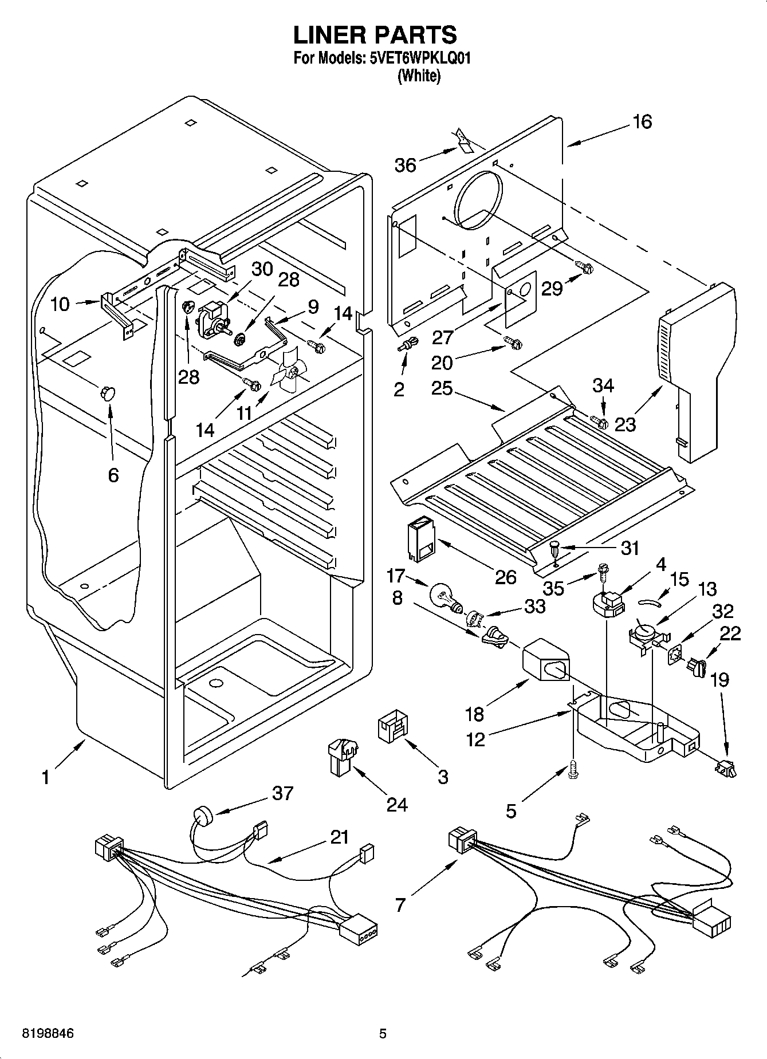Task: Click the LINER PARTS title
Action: pos(375,35)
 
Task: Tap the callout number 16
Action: pos(642,121)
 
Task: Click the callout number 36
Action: pos(405,166)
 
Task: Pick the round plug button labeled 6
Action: pos(107,393)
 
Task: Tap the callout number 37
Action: pos(283,793)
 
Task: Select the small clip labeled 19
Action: pos(725,768)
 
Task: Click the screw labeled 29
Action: pos(583,266)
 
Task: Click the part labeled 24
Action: pos(341,756)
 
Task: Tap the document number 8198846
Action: pos(48,1034)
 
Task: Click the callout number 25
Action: pos(442,388)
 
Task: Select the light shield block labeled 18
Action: pos(546,662)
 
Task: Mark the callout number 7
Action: pos(400,904)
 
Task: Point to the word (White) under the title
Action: pos(419,76)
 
